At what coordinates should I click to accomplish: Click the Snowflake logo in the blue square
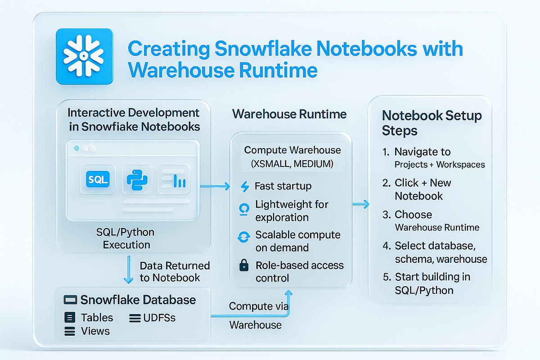click(x=83, y=56)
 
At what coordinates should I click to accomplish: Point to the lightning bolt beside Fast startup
click(x=245, y=186)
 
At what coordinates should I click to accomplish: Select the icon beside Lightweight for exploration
click(x=244, y=209)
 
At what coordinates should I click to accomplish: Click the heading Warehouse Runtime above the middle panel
click(x=289, y=114)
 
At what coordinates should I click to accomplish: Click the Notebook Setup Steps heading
click(x=432, y=123)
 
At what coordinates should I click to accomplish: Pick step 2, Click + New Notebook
click(x=423, y=189)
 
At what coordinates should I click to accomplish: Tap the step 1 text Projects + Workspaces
click(x=440, y=165)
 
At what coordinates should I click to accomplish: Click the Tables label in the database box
click(x=97, y=318)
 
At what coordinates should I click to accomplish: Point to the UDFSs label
click(x=159, y=318)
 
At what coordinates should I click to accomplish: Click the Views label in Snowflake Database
click(x=95, y=331)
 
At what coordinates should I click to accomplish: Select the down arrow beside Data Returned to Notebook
click(x=128, y=270)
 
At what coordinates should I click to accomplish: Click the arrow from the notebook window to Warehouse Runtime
click(x=215, y=186)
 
